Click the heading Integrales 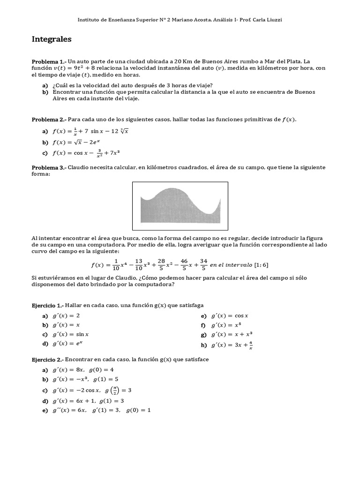51,39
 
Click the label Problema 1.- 49,61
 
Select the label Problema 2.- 49,120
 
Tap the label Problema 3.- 49,168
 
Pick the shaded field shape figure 180,205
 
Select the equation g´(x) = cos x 229,316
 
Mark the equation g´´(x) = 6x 69,410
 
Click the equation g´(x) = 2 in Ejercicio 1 67,316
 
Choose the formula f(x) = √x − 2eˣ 77,142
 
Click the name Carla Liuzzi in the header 267,19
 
